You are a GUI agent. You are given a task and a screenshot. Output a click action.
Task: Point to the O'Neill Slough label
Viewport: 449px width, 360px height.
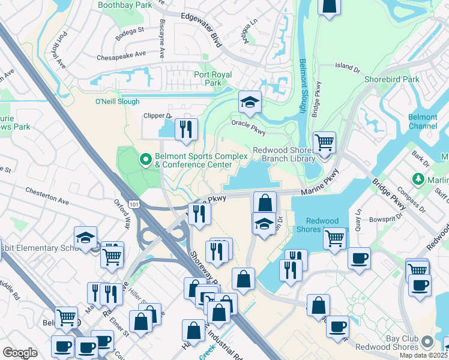(117, 101)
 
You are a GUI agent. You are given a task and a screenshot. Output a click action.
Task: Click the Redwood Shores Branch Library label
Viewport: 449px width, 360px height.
(284, 154)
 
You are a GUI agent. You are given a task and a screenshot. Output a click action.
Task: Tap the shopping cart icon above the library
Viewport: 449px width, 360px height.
(324, 143)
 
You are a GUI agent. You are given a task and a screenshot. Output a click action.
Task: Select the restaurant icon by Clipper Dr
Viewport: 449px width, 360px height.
(186, 129)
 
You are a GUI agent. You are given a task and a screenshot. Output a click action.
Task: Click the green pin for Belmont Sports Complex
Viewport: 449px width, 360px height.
(145, 160)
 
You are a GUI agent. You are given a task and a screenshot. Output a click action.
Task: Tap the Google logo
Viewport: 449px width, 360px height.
(20, 353)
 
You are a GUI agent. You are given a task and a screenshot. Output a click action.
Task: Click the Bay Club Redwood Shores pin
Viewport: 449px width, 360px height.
(427, 341)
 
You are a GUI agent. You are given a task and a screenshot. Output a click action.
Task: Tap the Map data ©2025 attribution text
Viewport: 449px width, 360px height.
(424, 355)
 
